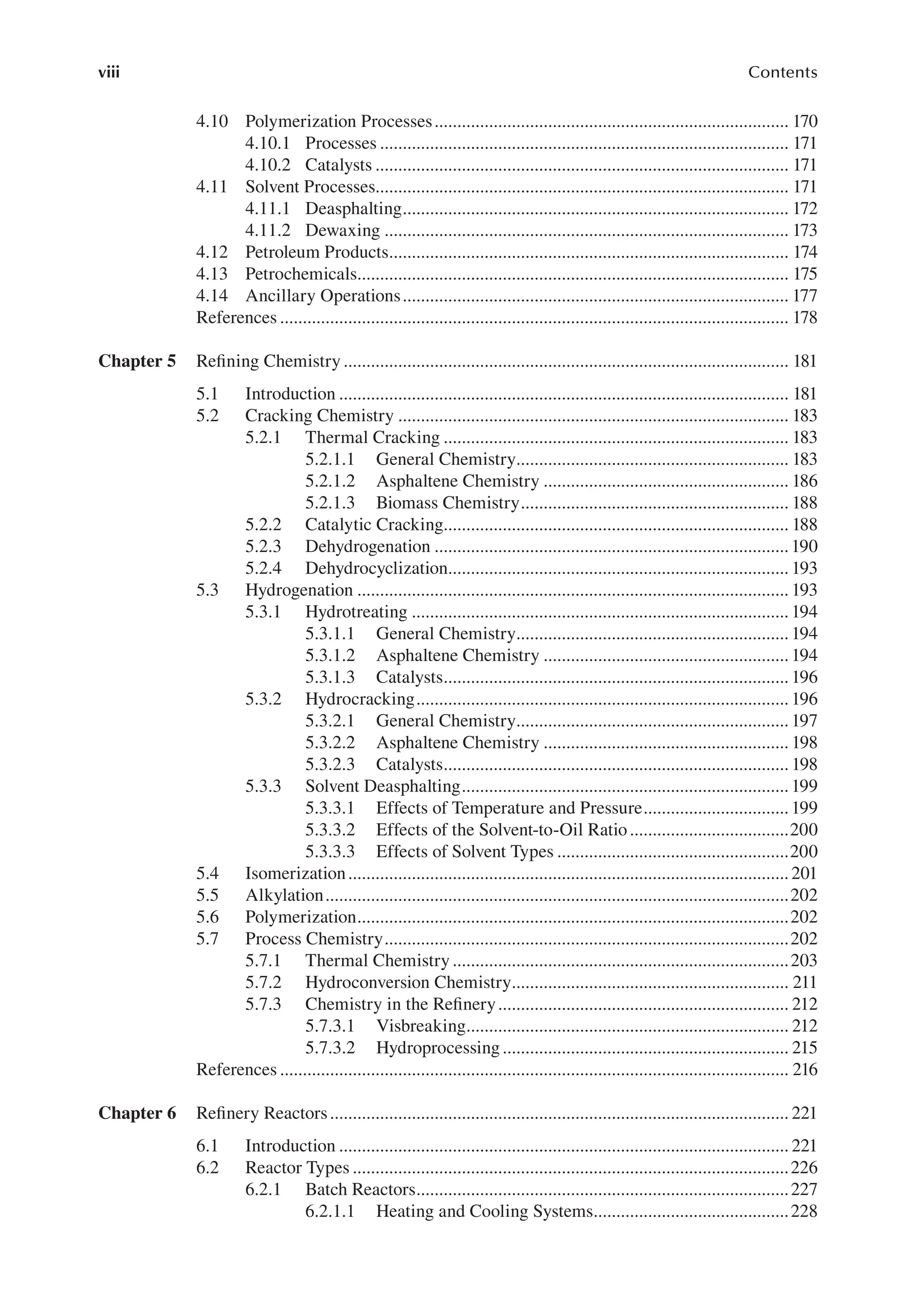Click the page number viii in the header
109,72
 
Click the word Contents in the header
782,72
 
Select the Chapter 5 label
137,361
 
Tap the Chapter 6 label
137,1113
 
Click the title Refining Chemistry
268,361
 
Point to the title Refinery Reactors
262,1113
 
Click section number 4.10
212,121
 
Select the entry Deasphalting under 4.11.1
353,208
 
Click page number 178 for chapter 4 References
804,317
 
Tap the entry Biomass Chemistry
447,503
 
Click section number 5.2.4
263,569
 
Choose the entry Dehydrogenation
368,547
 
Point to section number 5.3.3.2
330,830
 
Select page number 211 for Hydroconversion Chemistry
804,982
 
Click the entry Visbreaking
421,1026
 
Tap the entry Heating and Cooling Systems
484,1211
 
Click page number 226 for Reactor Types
804,1168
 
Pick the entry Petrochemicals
301,274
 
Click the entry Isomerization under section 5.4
295,873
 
